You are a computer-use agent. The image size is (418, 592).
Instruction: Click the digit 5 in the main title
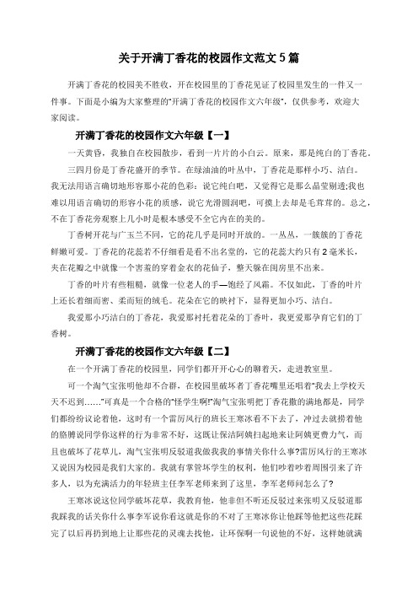click(x=276, y=59)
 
